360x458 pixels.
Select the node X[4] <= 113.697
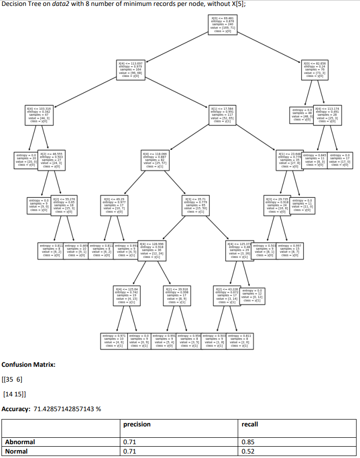point(130,70)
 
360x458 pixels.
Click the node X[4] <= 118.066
point(155,160)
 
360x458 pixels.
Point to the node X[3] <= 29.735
point(276,205)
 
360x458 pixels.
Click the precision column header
point(137,424)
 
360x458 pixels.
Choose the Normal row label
point(16,451)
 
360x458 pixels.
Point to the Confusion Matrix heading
point(29,365)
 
